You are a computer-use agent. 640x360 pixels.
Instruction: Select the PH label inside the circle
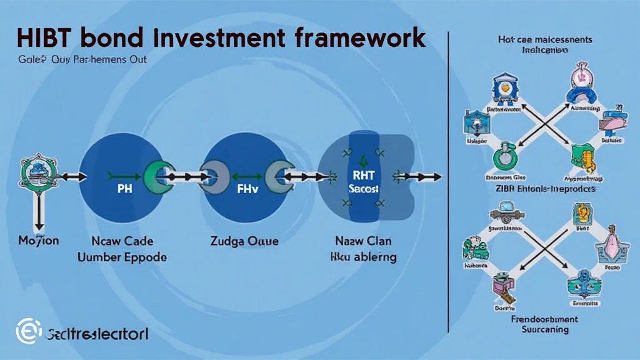[122, 188]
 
